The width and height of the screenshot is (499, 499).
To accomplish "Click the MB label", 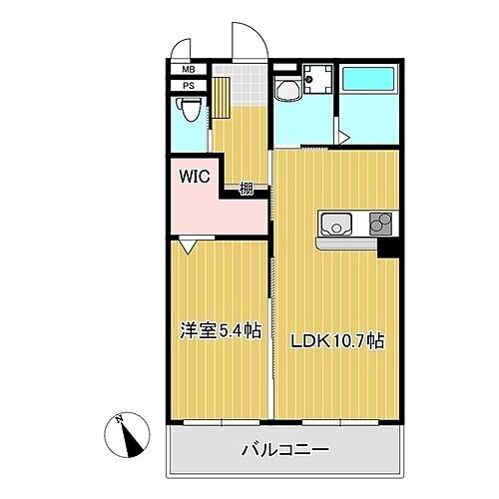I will pos(189,70).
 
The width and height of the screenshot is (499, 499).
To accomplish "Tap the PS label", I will pos(189,86).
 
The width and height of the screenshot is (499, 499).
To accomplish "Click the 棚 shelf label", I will pos(245,186).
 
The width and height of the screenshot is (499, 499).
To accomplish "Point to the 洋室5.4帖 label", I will pos(220,330).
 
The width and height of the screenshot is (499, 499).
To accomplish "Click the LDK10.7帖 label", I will pos(337,340).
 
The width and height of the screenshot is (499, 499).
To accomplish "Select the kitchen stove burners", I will pos(380,225).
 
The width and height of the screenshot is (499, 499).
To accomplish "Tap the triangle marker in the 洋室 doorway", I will pos(189,243).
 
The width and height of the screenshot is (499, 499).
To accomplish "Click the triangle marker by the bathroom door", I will pos(342,136).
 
